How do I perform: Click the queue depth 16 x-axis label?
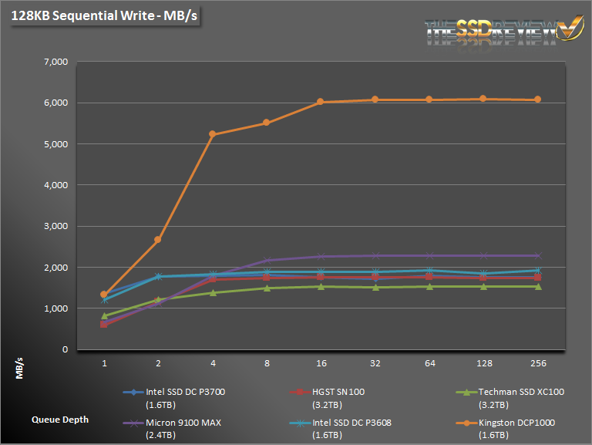coord(321,361)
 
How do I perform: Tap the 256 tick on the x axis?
coord(537,361)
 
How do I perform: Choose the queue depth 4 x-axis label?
coord(212,361)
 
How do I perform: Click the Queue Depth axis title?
coord(60,420)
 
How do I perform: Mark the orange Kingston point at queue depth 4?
coord(212,134)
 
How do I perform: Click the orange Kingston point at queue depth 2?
coord(158,240)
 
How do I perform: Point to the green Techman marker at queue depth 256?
coord(537,286)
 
